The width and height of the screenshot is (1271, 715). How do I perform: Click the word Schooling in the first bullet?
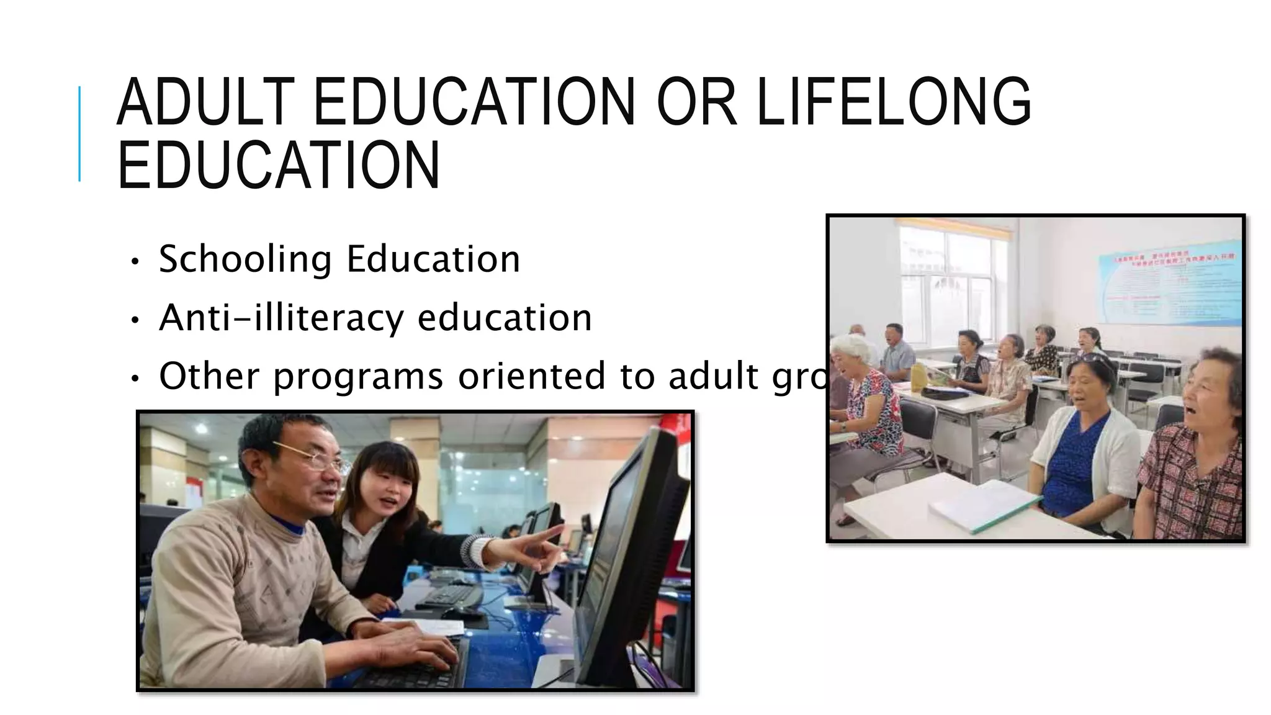pos(245,259)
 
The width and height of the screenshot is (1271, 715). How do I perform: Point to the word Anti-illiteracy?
pos(281,318)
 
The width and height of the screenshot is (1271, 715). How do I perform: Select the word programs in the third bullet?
pos(357,377)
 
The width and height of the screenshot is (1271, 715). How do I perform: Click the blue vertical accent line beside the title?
pos(79,133)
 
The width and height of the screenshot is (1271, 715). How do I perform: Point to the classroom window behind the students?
pos(956,279)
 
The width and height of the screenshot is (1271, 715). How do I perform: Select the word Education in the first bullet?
pos(433,259)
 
